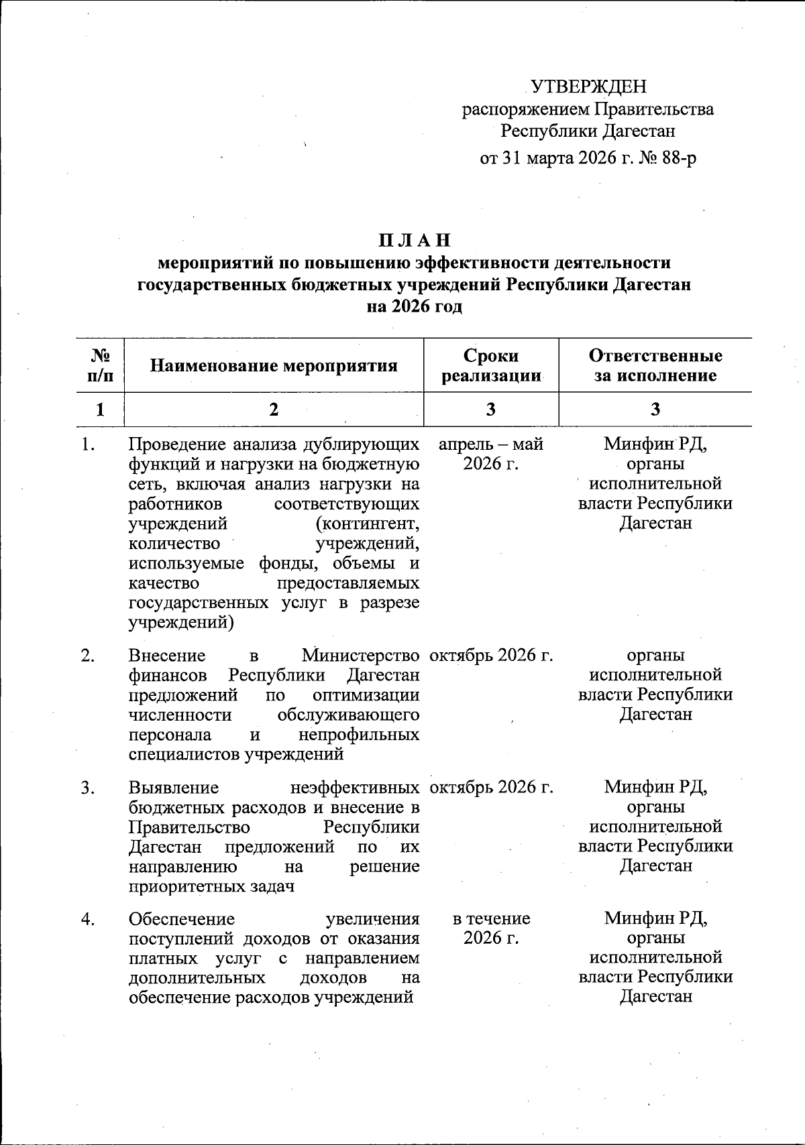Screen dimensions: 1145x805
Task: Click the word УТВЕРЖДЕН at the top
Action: (x=588, y=86)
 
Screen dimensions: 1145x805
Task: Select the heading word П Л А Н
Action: (x=414, y=240)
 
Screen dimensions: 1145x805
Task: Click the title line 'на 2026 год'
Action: (x=414, y=307)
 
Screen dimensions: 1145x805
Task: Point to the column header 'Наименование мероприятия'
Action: (x=274, y=365)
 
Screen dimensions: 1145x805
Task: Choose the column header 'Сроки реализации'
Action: (x=491, y=365)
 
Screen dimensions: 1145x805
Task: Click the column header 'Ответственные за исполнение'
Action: (x=655, y=365)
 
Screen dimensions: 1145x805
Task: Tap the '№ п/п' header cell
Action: (x=101, y=365)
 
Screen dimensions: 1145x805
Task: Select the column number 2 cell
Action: (x=274, y=410)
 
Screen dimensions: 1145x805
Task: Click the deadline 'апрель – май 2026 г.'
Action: (x=491, y=454)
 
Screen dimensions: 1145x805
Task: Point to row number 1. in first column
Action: (x=87, y=444)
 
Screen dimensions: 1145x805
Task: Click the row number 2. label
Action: (x=87, y=656)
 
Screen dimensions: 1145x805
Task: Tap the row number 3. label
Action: (x=87, y=787)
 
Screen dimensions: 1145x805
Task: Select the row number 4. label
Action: (x=87, y=918)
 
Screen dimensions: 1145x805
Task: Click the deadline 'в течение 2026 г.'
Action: (x=491, y=928)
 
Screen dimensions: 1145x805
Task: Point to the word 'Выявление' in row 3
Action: (x=173, y=787)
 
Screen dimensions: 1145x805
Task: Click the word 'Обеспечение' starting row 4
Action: (x=181, y=918)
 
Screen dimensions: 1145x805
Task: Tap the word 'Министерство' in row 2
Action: (x=360, y=655)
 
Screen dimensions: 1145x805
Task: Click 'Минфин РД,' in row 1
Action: (x=655, y=444)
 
